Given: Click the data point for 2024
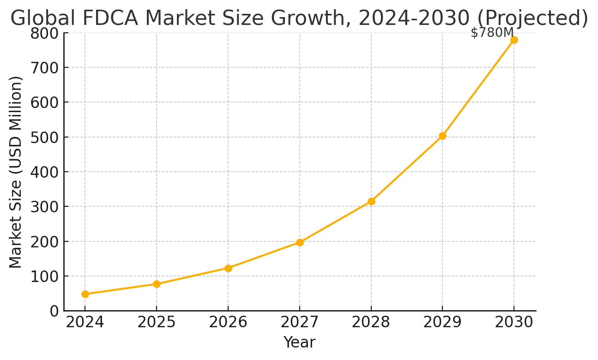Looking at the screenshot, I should (x=85, y=294).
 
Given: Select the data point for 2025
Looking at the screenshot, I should (x=157, y=284).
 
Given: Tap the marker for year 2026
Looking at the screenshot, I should (x=228, y=268).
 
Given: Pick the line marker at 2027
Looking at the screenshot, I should (x=300, y=242).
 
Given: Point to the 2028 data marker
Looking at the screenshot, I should (x=371, y=201).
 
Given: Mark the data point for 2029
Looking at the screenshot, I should (x=442, y=136).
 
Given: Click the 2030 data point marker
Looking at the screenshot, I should (x=514, y=40).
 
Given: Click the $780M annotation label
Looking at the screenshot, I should (x=492, y=33).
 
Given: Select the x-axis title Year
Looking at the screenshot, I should (x=299, y=342).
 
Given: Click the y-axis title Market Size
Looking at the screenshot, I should (x=16, y=172).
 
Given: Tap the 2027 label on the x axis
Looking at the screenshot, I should (x=300, y=322).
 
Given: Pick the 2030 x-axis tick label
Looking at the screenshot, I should (x=514, y=322).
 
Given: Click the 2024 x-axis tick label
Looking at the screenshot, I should (x=85, y=322).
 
